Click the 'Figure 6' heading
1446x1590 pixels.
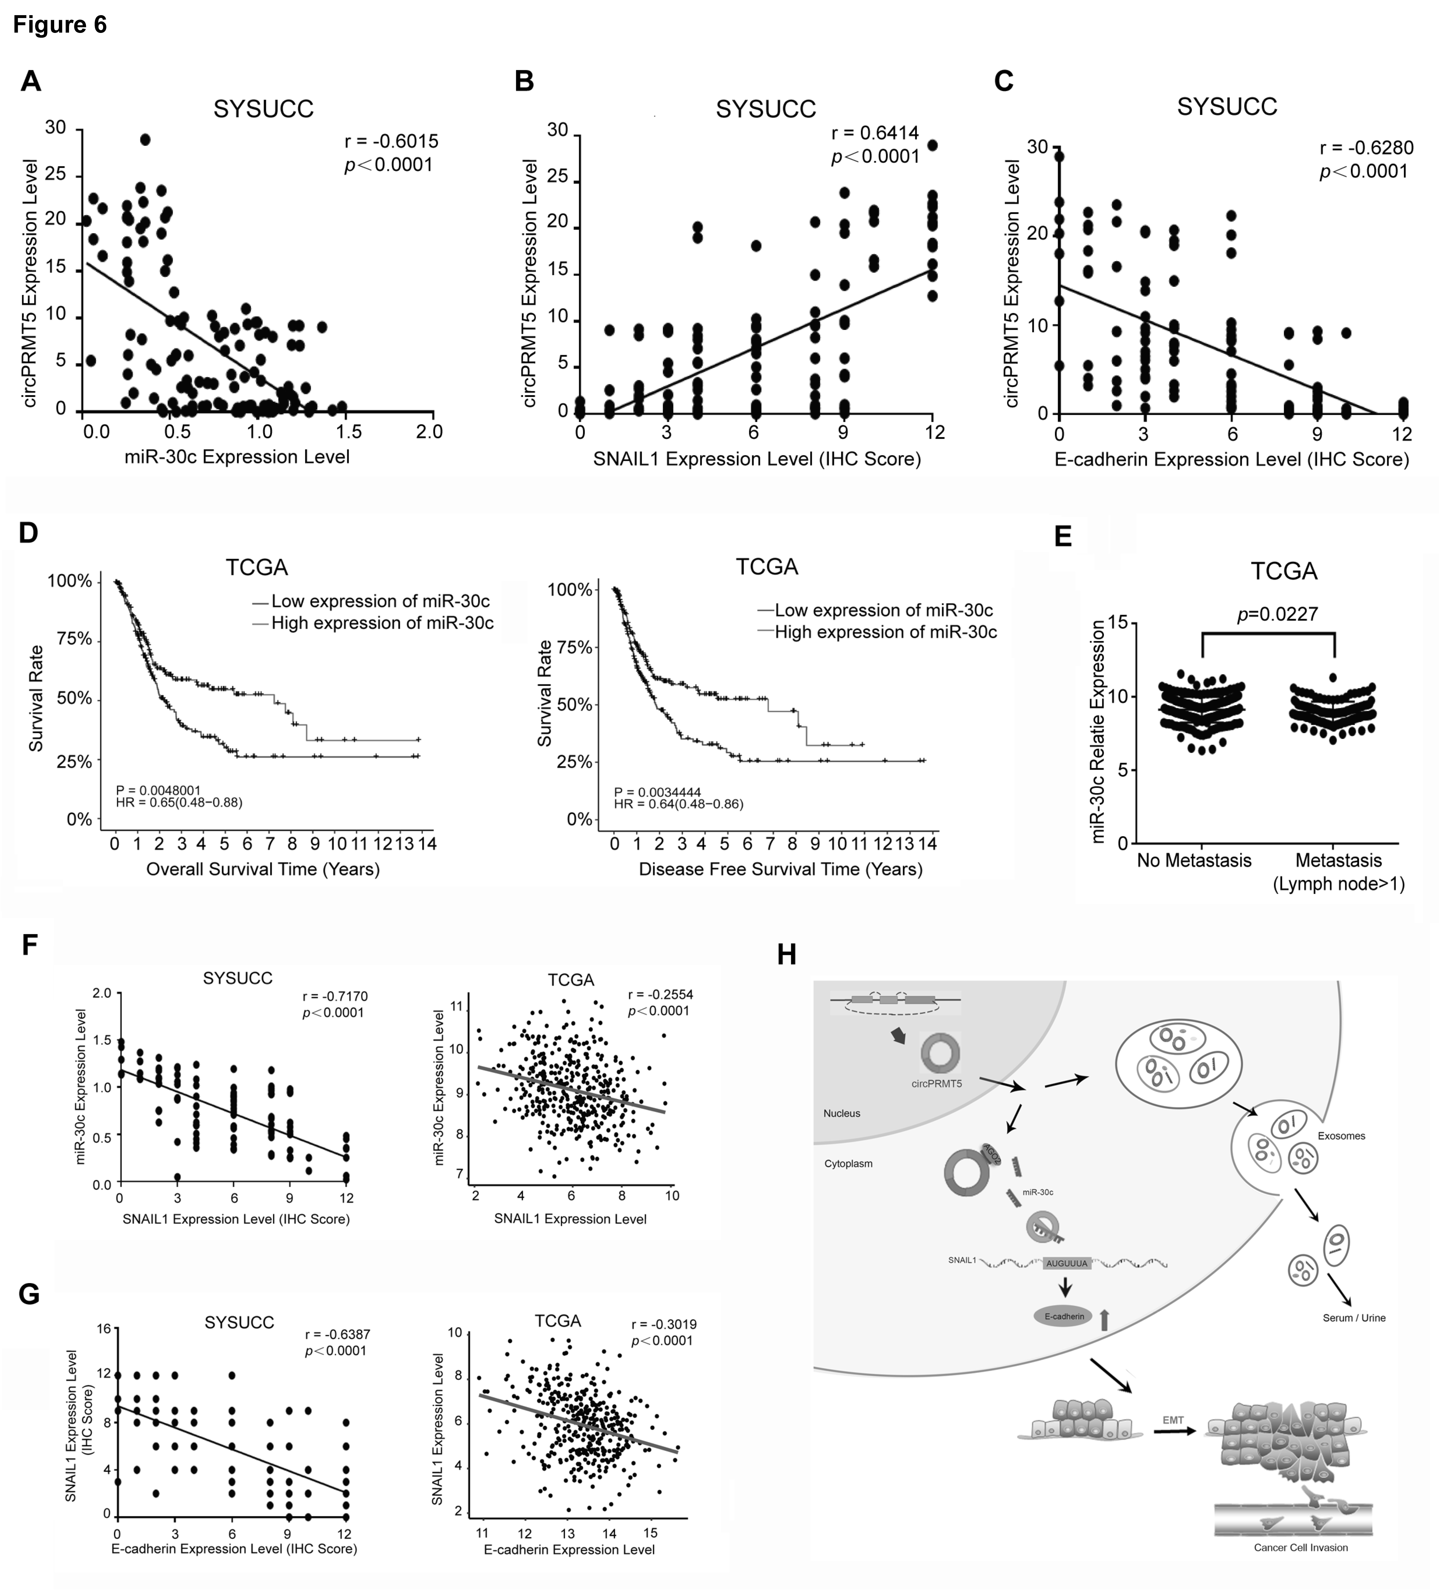click(60, 25)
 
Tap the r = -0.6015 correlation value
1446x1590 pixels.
click(391, 142)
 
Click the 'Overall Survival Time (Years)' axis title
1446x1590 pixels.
click(263, 869)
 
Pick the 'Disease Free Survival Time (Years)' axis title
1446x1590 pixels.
click(781, 869)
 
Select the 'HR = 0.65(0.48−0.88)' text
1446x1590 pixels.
click(179, 803)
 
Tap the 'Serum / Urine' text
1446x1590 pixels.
click(1354, 1318)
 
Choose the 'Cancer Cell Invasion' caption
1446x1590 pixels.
click(1301, 1547)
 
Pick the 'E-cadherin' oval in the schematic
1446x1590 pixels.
click(1064, 1316)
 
